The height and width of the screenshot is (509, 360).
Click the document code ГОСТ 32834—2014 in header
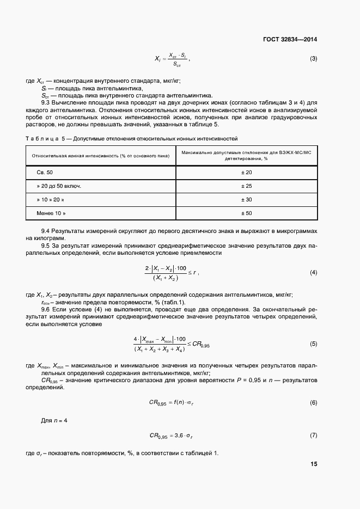(291, 39)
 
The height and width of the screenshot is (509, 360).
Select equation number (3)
(313, 59)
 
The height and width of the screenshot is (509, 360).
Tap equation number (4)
(313, 272)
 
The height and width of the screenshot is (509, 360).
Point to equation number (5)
(313, 344)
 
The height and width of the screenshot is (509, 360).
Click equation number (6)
(313, 402)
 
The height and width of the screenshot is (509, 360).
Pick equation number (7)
(313, 436)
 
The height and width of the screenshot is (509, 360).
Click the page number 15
(314, 464)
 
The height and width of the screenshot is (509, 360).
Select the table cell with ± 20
(246, 172)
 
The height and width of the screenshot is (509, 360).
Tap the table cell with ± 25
(246, 186)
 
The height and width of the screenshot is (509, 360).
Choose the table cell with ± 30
(246, 200)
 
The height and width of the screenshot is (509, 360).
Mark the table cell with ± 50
(246, 213)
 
